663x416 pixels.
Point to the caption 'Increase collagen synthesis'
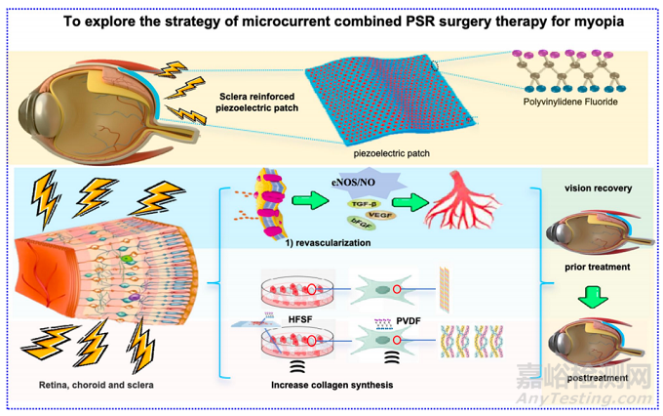pyautogui.click(x=332, y=386)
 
